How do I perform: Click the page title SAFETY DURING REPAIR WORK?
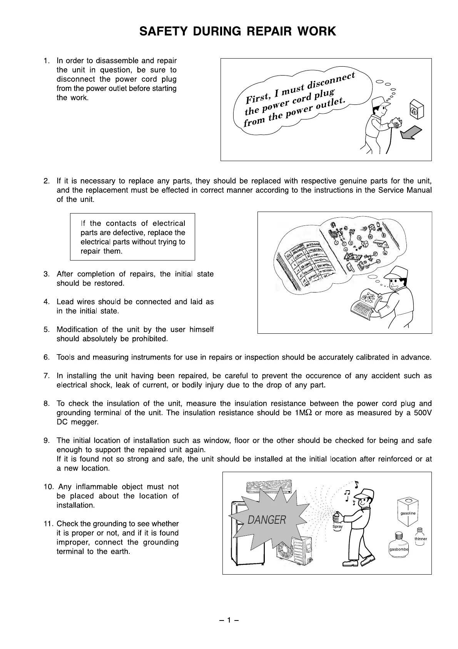[x=237, y=31]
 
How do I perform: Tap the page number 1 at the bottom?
[x=229, y=620]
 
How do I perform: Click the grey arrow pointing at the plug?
[x=411, y=133]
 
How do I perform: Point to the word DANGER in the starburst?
[x=267, y=520]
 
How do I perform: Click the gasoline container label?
[x=408, y=513]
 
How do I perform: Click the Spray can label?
[x=338, y=526]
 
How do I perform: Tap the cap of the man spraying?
[x=364, y=494]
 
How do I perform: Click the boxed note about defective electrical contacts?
[x=132, y=237]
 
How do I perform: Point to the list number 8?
[x=47, y=404]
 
